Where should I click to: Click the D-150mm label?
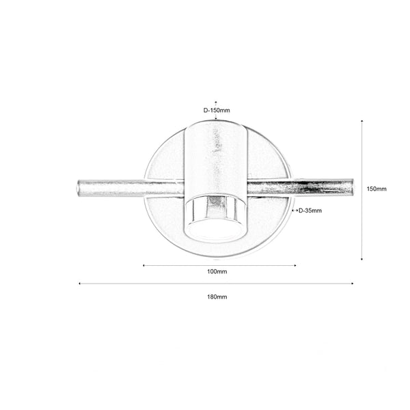click(216, 109)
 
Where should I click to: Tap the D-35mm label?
click(310, 210)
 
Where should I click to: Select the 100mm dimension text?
click(217, 271)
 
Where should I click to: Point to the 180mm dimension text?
click(217, 297)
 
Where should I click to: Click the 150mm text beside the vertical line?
click(377, 189)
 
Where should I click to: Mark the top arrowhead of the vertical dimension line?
click(361, 121)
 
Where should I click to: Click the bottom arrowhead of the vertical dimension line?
click(361, 258)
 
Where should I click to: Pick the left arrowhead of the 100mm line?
click(144, 265)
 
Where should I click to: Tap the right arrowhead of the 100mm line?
click(295, 265)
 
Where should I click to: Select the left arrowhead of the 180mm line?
click(81, 284)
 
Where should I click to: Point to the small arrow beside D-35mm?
click(295, 210)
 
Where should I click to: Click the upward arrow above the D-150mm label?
click(216, 100)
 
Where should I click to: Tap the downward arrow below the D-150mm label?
click(216, 118)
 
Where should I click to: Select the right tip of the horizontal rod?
click(354, 187)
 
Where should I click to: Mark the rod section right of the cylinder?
click(301, 187)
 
